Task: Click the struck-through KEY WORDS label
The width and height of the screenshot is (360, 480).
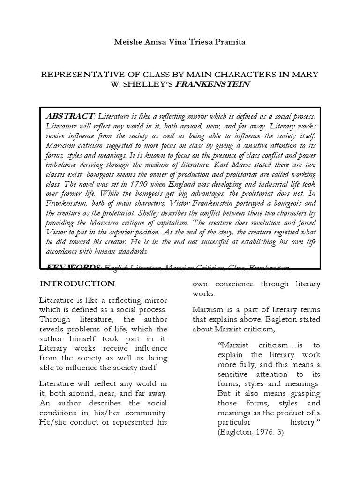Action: point(73,268)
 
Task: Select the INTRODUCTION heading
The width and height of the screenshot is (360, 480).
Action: point(77,284)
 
